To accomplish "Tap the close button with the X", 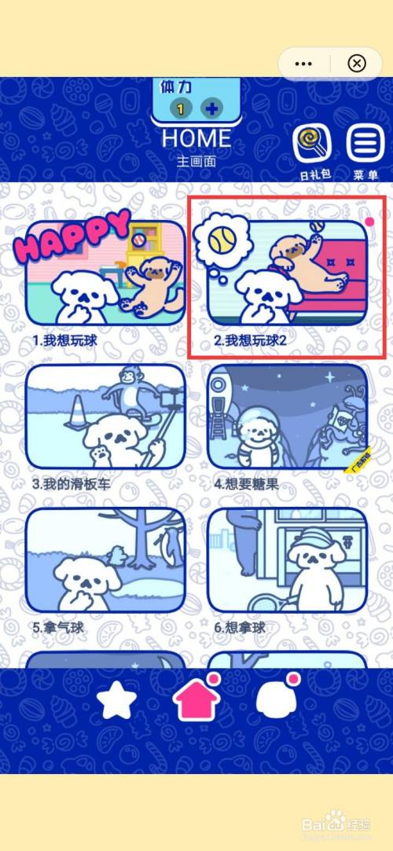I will pos(356,63).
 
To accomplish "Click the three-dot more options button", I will pos(304,63).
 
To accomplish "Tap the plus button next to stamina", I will pos(211,108).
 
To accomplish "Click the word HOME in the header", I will pos(196,139).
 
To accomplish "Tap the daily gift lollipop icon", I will pos(312,144).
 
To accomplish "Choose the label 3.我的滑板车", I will pos(72,484).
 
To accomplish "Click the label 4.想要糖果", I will pos(247,484).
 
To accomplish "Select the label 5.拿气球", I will pos(58,628).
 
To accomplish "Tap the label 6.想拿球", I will pos(241,628).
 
